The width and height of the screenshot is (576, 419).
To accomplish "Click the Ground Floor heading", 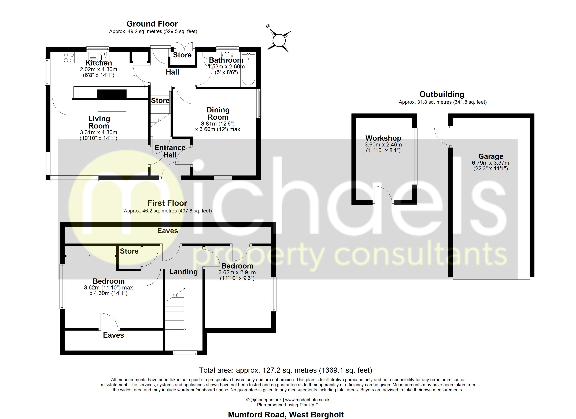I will coord(152,24).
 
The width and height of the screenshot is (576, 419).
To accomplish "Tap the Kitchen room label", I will coord(99,63).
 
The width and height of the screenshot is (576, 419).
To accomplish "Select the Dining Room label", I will coord(218,114).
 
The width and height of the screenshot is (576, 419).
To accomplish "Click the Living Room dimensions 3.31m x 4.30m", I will coord(99,132).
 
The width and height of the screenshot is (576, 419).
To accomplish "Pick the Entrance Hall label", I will coord(170,151).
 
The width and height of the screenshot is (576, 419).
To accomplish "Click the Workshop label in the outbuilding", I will coord(383,138).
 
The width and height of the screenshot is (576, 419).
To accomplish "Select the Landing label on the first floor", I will coord(183,272).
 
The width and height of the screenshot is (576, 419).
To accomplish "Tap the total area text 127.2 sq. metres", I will coord(285,370).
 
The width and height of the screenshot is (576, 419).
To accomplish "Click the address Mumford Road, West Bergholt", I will coord(286,415).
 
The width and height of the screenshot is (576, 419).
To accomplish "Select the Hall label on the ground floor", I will coord(172,72).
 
